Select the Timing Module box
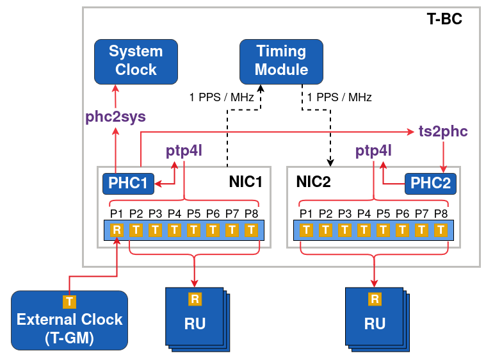pos(282,61)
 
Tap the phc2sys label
pos(116,117)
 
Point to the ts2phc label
pos(442,131)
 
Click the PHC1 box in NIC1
pos(128,184)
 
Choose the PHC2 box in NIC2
pos(430,184)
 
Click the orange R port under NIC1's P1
pos(117,230)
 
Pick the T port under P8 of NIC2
pos(441,230)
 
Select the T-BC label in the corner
pos(444,19)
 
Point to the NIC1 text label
pos(246,182)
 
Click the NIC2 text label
pos(313,182)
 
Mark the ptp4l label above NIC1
pos(183,151)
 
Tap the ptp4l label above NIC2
pos(373,151)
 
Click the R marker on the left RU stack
pos(195,299)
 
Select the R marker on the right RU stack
pos(375,299)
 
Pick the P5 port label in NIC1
pos(193,213)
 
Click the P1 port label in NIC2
pos(306,213)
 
